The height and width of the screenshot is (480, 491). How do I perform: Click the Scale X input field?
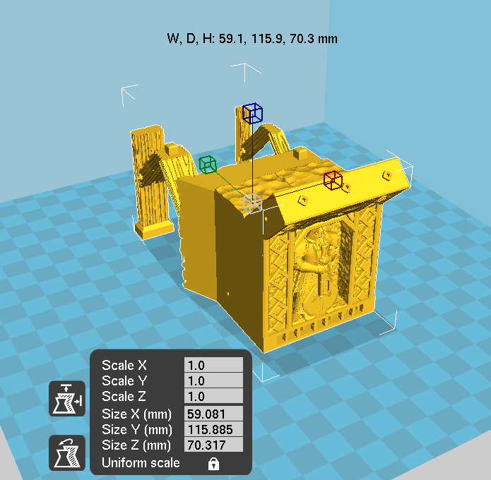coord(213,365)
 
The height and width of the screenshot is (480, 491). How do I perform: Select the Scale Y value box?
coord(213,380)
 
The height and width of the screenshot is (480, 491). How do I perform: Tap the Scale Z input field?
coord(213,396)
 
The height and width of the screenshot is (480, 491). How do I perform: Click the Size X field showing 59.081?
coord(213,414)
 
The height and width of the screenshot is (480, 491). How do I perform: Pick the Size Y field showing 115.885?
coord(213,429)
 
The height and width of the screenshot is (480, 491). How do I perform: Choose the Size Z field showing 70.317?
coord(213,445)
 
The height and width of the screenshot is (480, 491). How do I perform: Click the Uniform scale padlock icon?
coord(213,464)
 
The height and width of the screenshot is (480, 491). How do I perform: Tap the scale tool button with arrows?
coord(67,399)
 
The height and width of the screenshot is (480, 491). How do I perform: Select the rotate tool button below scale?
coord(67,452)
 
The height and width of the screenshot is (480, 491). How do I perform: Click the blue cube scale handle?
coord(252,113)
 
